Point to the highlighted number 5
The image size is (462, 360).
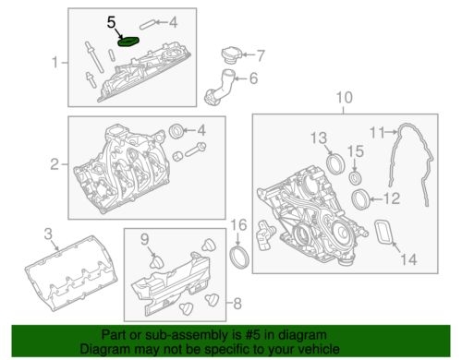pyautogui.click(x=113, y=19)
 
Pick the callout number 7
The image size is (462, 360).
pyautogui.click(x=261, y=54)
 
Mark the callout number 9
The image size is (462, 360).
pyautogui.click(x=144, y=240)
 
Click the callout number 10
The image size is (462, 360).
pyautogui.click(x=343, y=98)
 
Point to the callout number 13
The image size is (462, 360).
pyautogui.click(x=319, y=138)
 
